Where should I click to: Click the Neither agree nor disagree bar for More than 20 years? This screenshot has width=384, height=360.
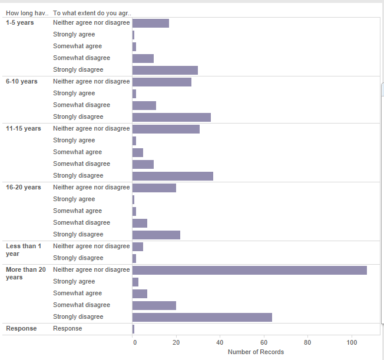click(250, 270)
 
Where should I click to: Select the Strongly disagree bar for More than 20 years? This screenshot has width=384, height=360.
click(202, 317)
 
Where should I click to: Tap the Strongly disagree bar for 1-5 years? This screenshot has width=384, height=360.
click(165, 70)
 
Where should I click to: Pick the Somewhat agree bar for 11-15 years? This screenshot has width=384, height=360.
click(138, 152)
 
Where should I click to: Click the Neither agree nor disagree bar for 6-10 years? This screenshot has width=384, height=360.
click(162, 82)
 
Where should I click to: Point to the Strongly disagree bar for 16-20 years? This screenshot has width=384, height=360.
click(156, 235)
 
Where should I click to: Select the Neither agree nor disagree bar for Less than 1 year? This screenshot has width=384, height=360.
click(138, 247)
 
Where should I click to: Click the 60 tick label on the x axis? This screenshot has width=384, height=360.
click(264, 342)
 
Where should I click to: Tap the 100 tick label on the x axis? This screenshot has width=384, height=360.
click(352, 342)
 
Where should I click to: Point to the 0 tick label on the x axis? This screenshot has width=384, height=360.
click(135, 342)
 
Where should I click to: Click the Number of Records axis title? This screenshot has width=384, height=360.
click(256, 352)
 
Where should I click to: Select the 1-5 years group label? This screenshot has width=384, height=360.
click(20, 23)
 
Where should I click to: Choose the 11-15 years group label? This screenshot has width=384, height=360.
click(24, 129)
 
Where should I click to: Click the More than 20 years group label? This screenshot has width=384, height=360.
click(26, 274)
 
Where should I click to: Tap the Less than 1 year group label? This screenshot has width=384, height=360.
click(24, 250)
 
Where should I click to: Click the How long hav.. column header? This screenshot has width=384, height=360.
click(27, 13)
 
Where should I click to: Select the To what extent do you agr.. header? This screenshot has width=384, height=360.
click(92, 13)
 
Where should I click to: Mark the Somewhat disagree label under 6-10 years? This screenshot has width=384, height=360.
click(81, 105)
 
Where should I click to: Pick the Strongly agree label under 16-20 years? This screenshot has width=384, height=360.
click(74, 199)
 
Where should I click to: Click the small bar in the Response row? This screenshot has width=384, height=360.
click(134, 329)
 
